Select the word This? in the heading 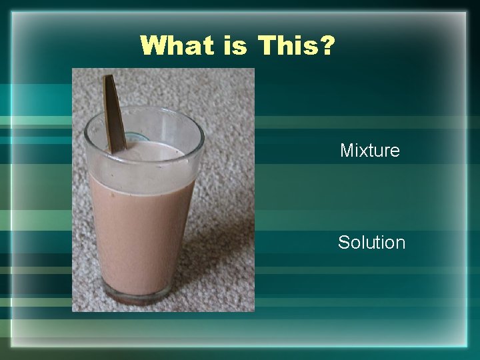coord(296,46)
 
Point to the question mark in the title coord(327,46)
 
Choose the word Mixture coord(370,151)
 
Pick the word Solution coord(371,243)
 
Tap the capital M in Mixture coord(347,151)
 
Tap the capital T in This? coord(269,46)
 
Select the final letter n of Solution coord(400,244)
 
